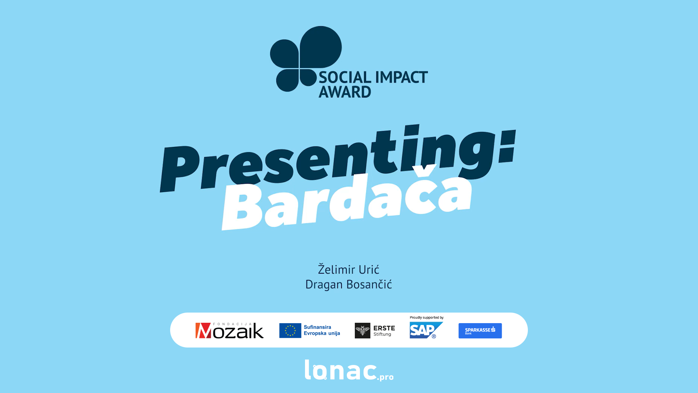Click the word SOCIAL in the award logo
tap(345, 77)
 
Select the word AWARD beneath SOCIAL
tap(345, 92)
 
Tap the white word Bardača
tap(347, 198)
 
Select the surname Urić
tap(369, 269)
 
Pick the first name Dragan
tap(324, 284)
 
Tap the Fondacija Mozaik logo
tap(229, 330)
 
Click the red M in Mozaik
tap(203, 331)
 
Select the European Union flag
tap(290, 330)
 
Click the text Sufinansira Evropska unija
tap(322, 330)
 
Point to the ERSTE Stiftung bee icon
tap(362, 330)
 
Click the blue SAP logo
tap(426, 330)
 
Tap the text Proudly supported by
tap(426, 318)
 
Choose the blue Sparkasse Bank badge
tap(480, 331)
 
